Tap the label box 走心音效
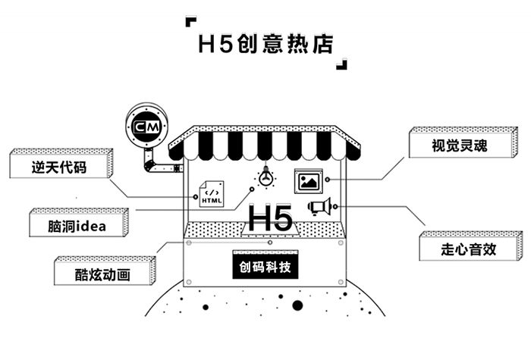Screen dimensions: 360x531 [468, 248]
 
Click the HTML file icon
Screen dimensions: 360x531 [212, 195]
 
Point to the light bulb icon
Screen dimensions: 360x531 [265, 177]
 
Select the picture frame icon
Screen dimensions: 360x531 [309, 180]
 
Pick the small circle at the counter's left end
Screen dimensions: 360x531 [187, 244]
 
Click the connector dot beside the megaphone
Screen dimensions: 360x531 [335, 206]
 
